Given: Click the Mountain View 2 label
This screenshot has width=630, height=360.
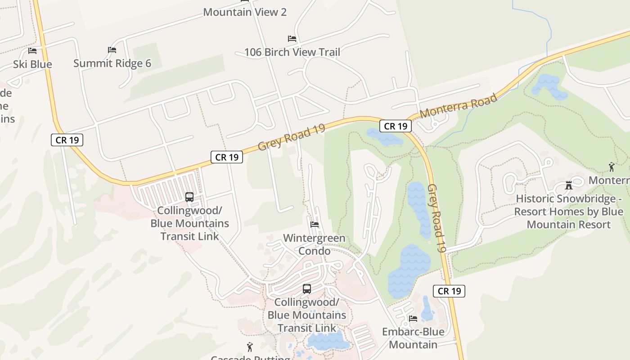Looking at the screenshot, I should [245, 12].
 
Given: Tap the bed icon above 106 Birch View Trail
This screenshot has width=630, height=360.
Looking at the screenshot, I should [292, 39].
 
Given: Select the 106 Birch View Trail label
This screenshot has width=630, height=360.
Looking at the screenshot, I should [292, 52].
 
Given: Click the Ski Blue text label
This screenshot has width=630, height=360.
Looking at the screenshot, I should [32, 64].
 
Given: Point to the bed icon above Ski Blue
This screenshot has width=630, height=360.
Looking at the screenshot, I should [32, 51].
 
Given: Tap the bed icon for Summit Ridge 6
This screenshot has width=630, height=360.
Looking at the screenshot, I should [112, 50].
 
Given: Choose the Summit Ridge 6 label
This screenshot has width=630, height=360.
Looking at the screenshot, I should [112, 63].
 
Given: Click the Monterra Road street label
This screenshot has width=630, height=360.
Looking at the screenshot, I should [458, 105].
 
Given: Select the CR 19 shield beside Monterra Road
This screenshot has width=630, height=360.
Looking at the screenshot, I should [396, 126].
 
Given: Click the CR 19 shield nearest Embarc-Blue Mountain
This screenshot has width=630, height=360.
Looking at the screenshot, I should [449, 291].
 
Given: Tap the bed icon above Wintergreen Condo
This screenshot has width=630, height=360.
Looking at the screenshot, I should [315, 224].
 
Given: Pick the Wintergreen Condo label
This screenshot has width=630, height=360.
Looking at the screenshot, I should [314, 244].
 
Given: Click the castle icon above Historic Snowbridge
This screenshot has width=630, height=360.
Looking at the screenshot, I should [569, 185].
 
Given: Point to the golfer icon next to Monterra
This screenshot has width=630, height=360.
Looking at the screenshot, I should [611, 167].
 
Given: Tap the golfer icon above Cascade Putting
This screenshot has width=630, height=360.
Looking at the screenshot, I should [250, 347].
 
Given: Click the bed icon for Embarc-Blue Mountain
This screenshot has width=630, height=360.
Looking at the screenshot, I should [413, 319].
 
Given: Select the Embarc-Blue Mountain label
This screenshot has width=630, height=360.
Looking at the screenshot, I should [413, 338].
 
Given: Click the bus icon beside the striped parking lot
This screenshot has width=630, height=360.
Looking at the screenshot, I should [189, 197].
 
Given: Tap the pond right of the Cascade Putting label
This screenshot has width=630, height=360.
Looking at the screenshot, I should [328, 341].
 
